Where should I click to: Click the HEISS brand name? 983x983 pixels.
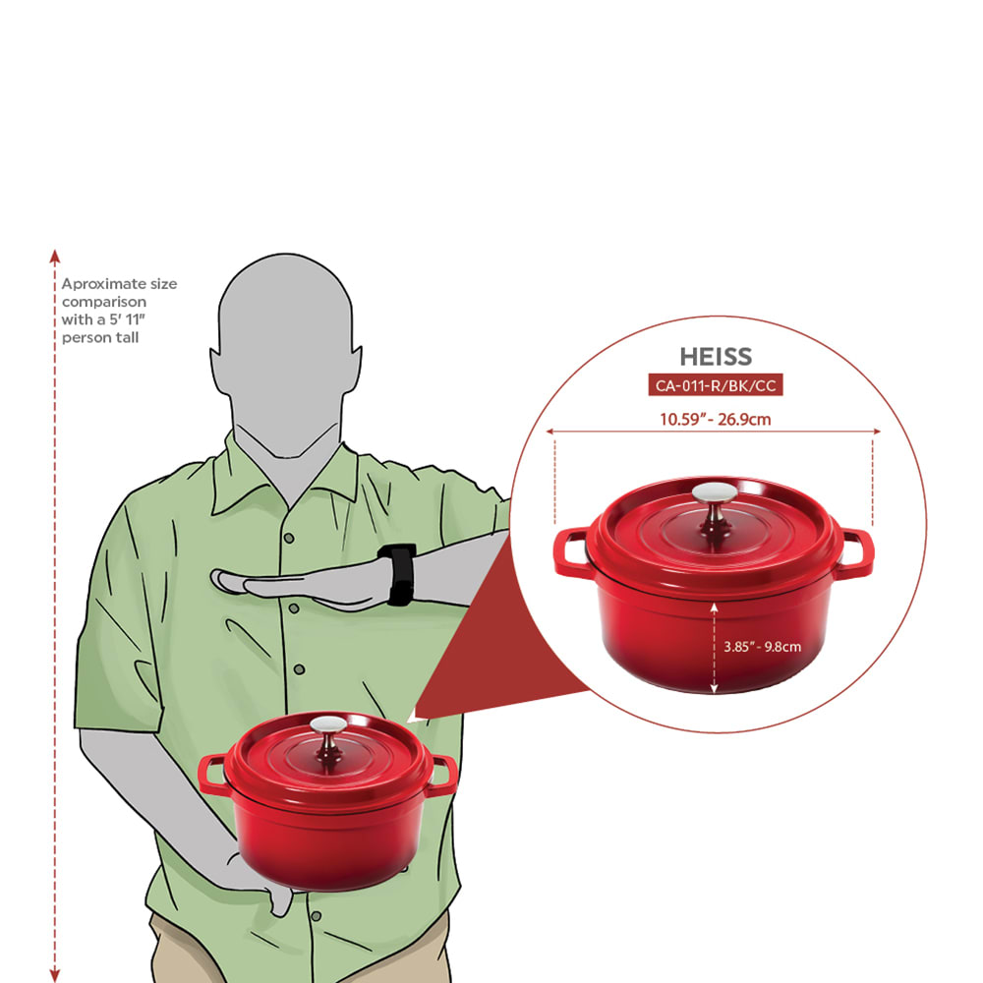716,357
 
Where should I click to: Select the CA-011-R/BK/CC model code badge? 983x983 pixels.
716,385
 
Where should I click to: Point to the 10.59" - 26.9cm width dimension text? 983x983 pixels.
716,420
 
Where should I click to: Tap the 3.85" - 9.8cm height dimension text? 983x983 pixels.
763,647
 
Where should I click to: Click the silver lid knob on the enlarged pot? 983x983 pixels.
716,492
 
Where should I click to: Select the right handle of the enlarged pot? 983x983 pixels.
855,552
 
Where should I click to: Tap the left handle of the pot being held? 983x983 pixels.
212,775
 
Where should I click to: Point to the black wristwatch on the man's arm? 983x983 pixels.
397,574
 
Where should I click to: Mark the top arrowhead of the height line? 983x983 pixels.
54,256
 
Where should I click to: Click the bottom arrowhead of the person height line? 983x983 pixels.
54,975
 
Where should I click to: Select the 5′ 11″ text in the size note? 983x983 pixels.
127,319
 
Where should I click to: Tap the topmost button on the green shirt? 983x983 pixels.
289,538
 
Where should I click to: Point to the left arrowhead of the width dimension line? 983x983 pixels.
549,432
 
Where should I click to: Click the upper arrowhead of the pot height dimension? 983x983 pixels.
714,607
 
